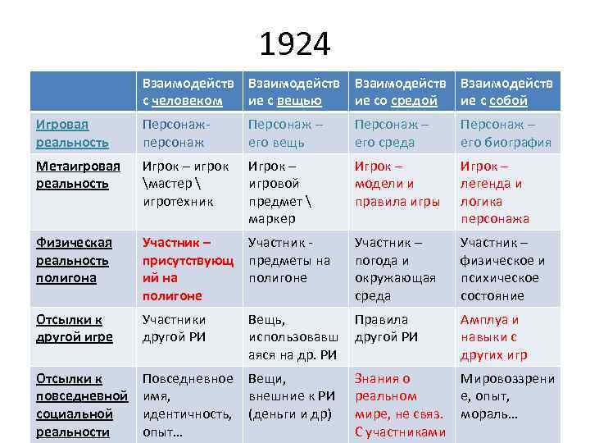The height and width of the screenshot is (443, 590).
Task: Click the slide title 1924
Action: point(295,44)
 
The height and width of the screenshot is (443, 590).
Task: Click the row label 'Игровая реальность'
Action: point(73,133)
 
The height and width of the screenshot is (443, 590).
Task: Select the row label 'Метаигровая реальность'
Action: point(78,175)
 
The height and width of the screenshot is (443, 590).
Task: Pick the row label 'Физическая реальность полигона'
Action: point(73,260)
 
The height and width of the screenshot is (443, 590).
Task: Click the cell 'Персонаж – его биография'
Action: point(506,133)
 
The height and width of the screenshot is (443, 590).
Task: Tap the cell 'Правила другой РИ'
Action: point(386,328)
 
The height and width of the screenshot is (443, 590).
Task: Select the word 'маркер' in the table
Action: point(271,219)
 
